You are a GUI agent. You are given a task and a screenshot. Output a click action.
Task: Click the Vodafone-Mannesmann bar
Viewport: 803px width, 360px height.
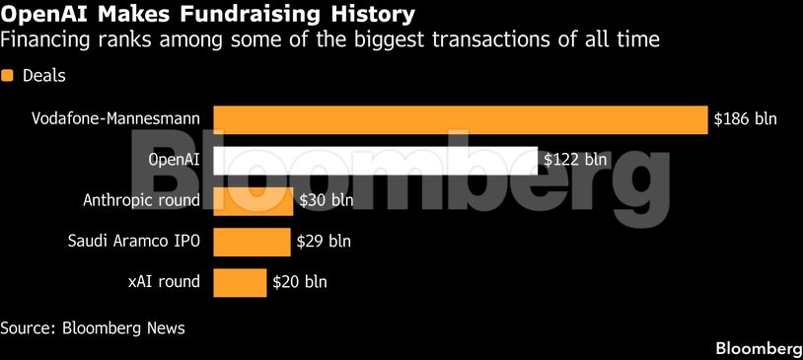coord(461,119)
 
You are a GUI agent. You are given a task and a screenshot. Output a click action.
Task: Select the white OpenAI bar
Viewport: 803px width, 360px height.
coord(375,160)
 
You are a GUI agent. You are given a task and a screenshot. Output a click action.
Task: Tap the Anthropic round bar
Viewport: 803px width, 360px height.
coord(254,200)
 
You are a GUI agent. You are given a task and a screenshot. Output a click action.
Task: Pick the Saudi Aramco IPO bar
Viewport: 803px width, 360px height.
coord(252,241)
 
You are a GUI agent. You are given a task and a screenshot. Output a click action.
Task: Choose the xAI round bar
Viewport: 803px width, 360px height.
coord(240,281)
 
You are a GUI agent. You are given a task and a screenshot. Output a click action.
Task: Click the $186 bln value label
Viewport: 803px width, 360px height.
coord(746,119)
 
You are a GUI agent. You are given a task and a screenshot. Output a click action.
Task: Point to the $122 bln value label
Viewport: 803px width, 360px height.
coord(576,160)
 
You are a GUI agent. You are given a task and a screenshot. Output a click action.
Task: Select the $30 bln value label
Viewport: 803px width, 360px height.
coord(327,200)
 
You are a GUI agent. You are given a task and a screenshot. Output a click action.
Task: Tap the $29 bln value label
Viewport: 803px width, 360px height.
coord(324,241)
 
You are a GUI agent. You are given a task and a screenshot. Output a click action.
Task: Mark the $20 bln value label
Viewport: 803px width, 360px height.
coord(300,281)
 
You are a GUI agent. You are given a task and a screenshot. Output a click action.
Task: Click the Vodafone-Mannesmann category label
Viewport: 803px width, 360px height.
coord(115,119)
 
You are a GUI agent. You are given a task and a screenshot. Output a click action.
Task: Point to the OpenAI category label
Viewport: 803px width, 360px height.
coord(174,160)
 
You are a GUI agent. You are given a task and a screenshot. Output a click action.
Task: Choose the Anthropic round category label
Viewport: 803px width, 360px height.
coord(141,200)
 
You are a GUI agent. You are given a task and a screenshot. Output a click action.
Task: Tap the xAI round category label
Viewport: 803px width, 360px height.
coord(164,281)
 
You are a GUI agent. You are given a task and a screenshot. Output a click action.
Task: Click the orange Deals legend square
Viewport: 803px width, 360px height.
coord(8,75)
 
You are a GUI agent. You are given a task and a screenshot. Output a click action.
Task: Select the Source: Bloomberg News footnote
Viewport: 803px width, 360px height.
coord(93,327)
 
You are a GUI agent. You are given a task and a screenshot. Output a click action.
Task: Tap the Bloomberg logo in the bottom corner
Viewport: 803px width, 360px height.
coord(758,348)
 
